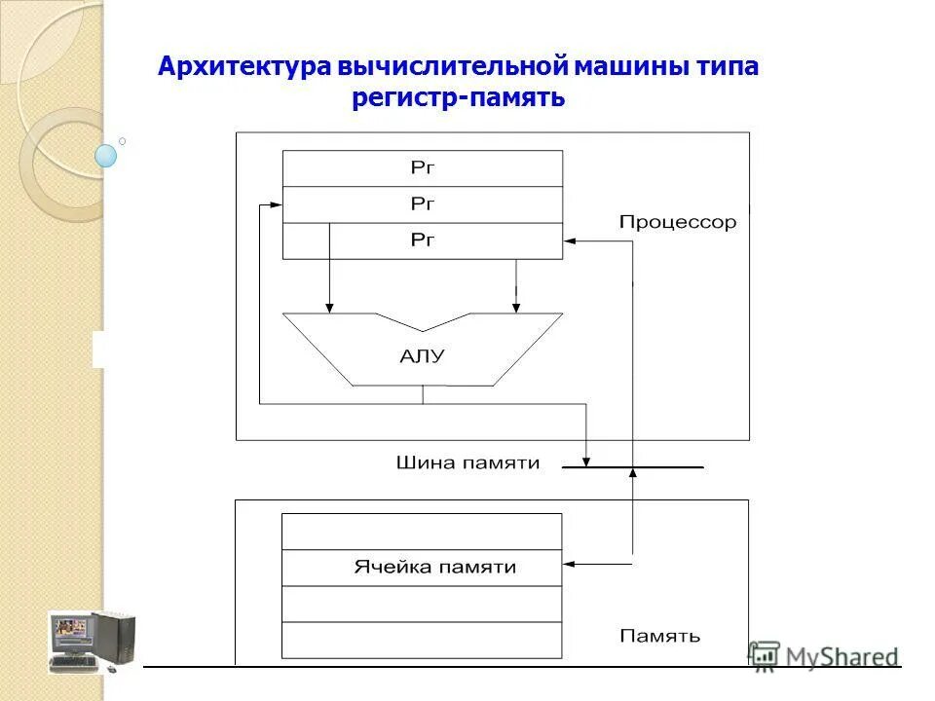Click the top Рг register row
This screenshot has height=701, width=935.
422,167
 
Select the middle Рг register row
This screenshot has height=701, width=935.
422,204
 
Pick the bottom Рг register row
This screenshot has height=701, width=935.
422,240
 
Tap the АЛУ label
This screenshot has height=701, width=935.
422,356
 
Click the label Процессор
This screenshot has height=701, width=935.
678,223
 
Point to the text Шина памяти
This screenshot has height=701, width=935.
467,463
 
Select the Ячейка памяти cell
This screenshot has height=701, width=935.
422,567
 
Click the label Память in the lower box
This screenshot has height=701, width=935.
659,637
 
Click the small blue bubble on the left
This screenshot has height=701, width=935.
106,155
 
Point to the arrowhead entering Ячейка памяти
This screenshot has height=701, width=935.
569,563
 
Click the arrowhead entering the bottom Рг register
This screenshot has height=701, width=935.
569,240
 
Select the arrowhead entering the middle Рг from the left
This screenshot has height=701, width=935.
277,204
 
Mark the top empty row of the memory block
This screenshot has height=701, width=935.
422,531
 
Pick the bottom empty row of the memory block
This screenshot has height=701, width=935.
422,640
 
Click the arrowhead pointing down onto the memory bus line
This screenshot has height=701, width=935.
585,461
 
